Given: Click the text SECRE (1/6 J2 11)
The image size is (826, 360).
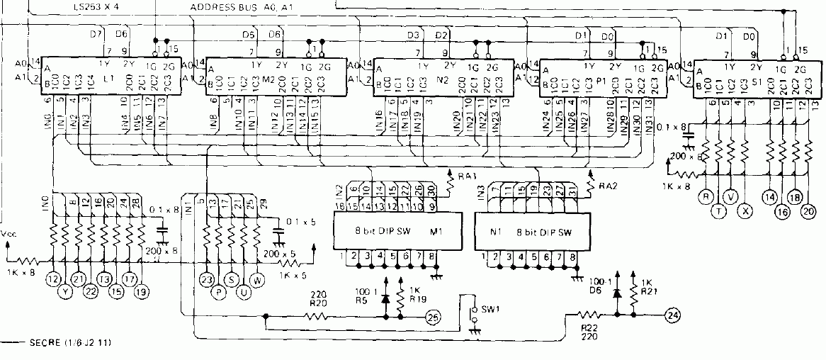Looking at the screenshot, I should pyautogui.click(x=69, y=343).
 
